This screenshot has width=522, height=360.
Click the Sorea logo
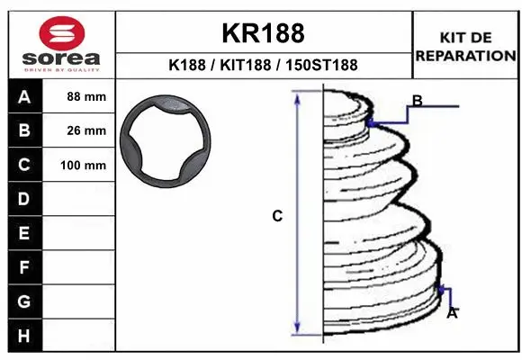tap(62, 44)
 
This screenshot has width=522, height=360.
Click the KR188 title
tap(263, 33)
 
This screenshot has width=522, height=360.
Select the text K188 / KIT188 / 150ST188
tap(263, 65)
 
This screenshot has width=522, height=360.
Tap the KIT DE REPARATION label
tap(464, 46)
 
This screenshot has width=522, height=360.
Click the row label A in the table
tap(24, 96)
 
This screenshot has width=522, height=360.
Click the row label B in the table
tap(24, 130)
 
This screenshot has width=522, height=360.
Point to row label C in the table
tap(24, 165)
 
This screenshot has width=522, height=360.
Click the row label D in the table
tap(24, 199)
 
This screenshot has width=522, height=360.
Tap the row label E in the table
tap(24, 233)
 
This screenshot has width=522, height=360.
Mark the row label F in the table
tap(24, 267)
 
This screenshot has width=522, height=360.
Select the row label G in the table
tap(24, 301)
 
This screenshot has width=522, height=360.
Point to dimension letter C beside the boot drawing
tap(278, 216)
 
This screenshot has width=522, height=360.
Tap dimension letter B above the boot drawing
tap(417, 100)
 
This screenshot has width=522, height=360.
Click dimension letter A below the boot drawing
tap(453, 313)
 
